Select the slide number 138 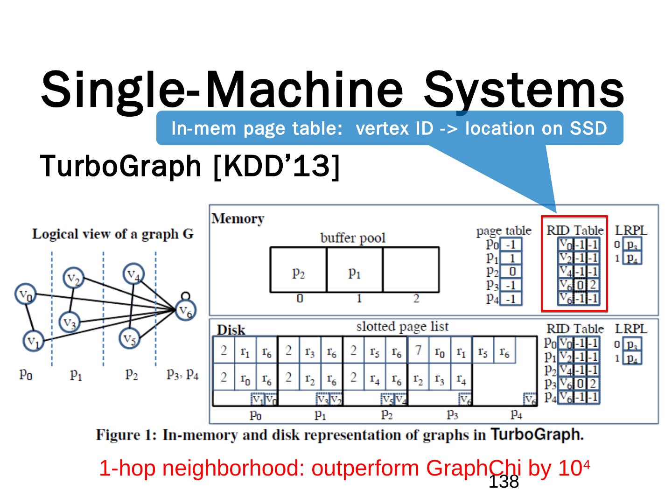point(504,483)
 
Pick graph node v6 point(186,311)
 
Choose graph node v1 point(33,341)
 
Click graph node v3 point(70,322)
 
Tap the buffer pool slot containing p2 point(298,270)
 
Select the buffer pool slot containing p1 point(355,270)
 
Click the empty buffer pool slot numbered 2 point(411,270)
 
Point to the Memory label point(238,218)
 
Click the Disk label point(231,330)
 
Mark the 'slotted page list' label point(402,326)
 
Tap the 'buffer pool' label point(353,238)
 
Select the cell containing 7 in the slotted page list point(418,350)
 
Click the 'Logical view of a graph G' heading point(112,234)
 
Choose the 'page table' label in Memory point(504,231)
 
